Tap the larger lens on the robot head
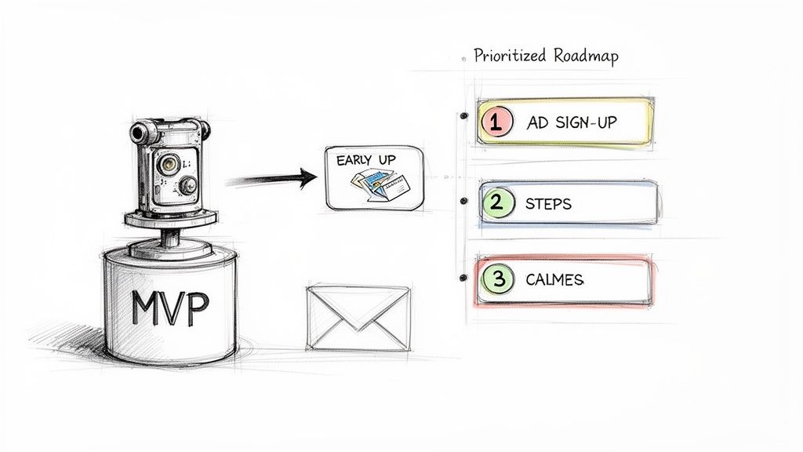point(168,162)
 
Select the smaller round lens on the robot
point(188,185)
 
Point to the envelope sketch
point(358,317)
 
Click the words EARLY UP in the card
point(365,160)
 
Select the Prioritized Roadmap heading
point(546,56)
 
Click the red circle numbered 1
point(496,122)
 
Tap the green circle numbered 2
point(496,203)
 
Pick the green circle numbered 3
point(496,279)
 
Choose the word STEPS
point(549,204)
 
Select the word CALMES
point(555,280)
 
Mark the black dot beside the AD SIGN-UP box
point(464,116)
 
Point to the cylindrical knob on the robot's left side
point(140,132)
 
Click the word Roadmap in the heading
point(585,56)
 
